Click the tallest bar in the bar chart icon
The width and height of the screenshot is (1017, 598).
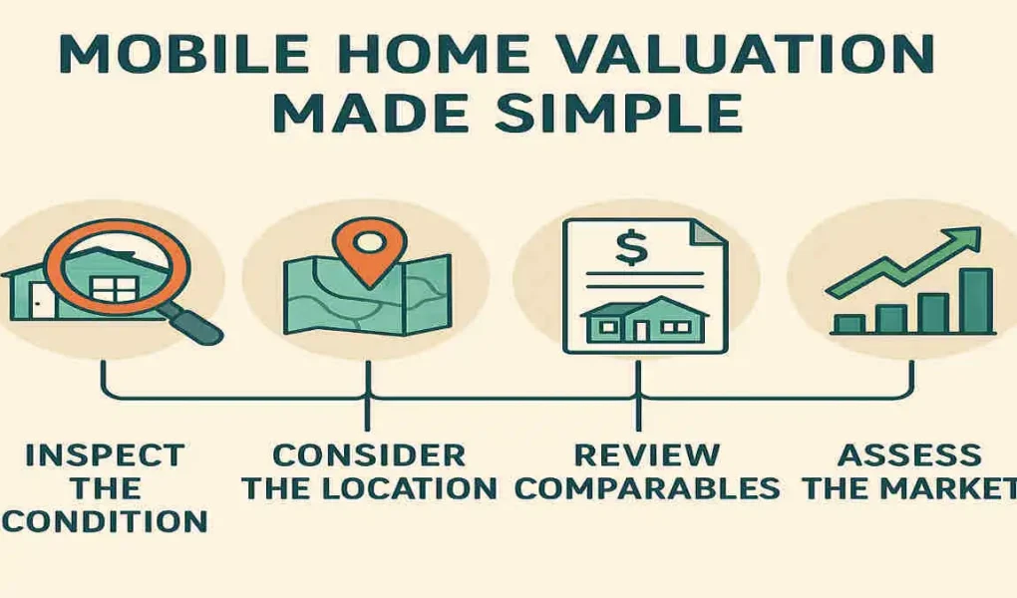(x=977, y=300)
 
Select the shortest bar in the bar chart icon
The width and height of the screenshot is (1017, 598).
(x=849, y=324)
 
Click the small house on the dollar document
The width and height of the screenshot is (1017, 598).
(x=642, y=320)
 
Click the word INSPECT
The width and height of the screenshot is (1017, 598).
(x=105, y=455)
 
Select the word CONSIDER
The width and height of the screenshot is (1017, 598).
(x=368, y=455)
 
